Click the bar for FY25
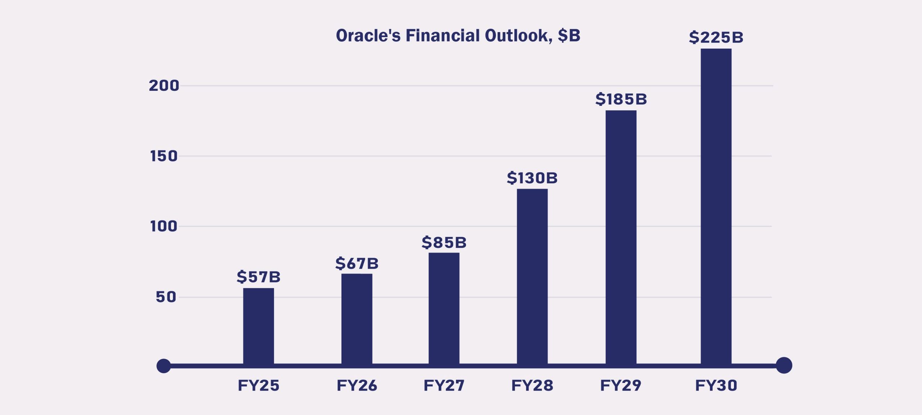pyautogui.click(x=258, y=326)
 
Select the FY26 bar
pyautogui.click(x=357, y=318)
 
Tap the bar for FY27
pyautogui.click(x=444, y=308)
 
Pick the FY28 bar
pyautogui.click(x=532, y=276)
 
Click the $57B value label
pyautogui.click(x=258, y=277)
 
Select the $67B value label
pyautogui.click(x=357, y=263)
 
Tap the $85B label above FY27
pyautogui.click(x=444, y=242)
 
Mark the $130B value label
pyautogui.click(x=532, y=178)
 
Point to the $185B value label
pyautogui.click(x=621, y=99)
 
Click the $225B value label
pyautogui.click(x=716, y=37)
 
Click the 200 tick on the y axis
pyautogui.click(x=164, y=86)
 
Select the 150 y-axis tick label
pyautogui.click(x=164, y=156)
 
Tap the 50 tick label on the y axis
pyautogui.click(x=166, y=297)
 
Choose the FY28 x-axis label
pyautogui.click(x=532, y=385)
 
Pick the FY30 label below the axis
pyautogui.click(x=716, y=385)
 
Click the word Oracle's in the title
pyautogui.click(x=368, y=36)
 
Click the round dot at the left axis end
pyautogui.click(x=164, y=366)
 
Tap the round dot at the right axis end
pyautogui.click(x=784, y=365)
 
